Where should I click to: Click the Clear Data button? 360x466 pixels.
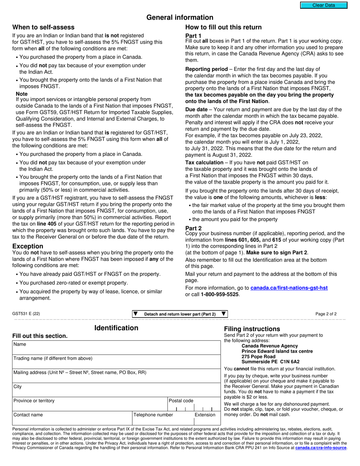324,5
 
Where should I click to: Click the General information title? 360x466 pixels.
180,17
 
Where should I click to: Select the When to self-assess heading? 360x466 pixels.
44,27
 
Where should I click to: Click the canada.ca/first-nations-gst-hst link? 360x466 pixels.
289,288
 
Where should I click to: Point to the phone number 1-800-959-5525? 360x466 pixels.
220,294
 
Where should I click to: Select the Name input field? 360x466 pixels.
116,350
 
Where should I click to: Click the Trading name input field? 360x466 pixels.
116,363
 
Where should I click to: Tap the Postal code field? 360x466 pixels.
194,407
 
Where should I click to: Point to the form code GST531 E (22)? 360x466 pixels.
26,314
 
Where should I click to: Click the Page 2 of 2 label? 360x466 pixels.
326,314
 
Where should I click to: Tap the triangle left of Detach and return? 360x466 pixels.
136,314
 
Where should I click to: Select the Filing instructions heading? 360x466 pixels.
252,329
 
